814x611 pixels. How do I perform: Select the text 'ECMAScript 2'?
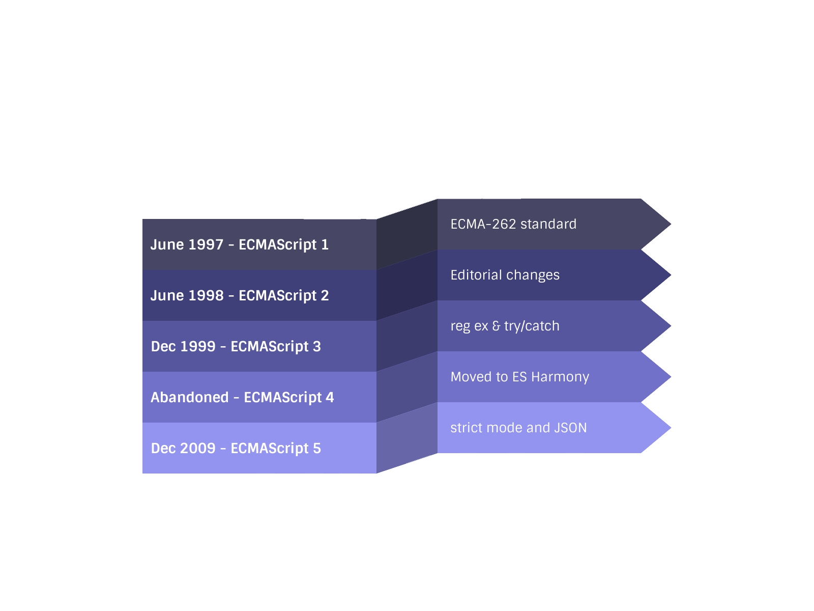(283, 296)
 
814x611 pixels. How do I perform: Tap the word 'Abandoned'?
(189, 398)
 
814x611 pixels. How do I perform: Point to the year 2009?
(197, 449)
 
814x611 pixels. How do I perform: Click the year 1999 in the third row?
(197, 347)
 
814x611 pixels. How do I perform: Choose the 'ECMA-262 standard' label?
(513, 224)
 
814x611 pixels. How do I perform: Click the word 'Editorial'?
(476, 275)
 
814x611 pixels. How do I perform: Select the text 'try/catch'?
(532, 326)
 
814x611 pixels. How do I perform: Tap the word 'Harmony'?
(560, 377)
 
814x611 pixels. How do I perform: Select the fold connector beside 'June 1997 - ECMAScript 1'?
(407, 234)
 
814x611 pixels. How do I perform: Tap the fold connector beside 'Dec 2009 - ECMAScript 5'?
(407, 438)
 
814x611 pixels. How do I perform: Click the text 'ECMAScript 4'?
(288, 398)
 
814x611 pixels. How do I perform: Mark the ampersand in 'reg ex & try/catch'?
(496, 326)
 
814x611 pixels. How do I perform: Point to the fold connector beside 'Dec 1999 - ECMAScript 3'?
(407, 336)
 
